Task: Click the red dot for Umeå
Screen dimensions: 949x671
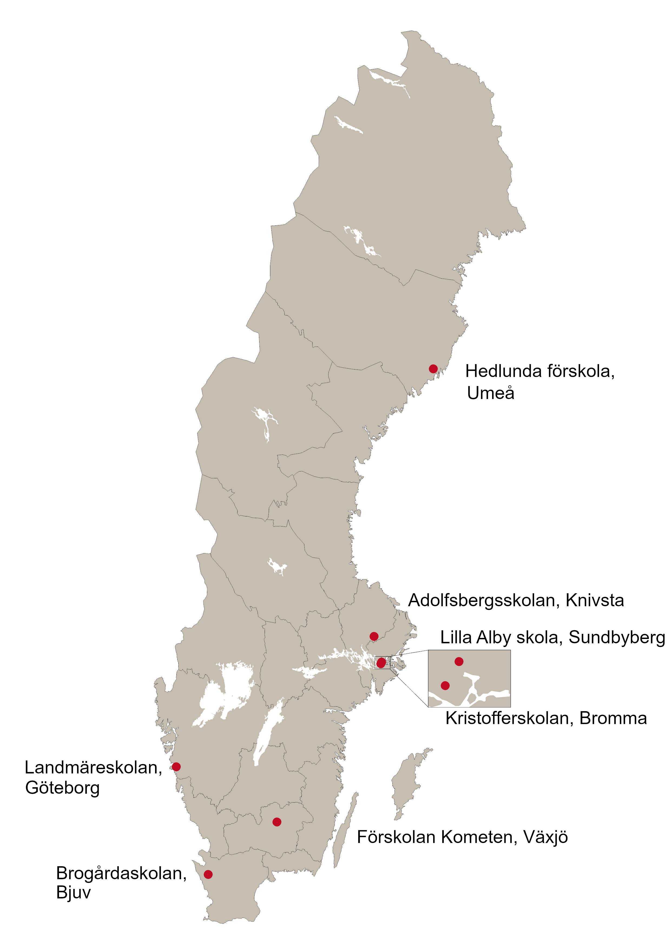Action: tap(433, 369)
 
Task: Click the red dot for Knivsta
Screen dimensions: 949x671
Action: tap(374, 636)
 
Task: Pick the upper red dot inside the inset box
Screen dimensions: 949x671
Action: tap(459, 661)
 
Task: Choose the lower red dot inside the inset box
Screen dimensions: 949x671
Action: tap(445, 686)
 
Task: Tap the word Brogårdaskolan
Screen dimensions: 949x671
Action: tap(121, 873)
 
